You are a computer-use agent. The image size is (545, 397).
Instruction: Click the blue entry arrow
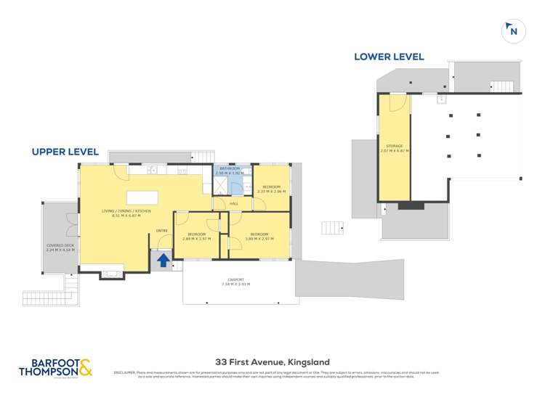(163, 259)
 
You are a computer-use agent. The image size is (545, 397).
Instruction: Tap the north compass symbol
(513, 30)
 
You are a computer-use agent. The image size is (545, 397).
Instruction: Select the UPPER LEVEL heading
(65, 152)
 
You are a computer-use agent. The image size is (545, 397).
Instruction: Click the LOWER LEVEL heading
(389, 57)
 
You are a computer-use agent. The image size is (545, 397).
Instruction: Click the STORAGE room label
(393, 148)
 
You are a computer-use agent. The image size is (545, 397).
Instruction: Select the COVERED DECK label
(60, 247)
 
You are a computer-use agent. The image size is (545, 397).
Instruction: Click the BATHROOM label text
(230, 171)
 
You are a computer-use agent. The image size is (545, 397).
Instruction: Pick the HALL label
(234, 204)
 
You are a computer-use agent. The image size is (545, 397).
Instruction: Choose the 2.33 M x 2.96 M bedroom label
(271, 189)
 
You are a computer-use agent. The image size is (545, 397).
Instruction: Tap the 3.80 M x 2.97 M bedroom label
(259, 237)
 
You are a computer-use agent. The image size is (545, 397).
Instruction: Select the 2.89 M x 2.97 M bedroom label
(197, 236)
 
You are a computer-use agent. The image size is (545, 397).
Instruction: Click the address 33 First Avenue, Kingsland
(272, 361)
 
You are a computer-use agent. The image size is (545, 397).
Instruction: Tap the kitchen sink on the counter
(152, 171)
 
